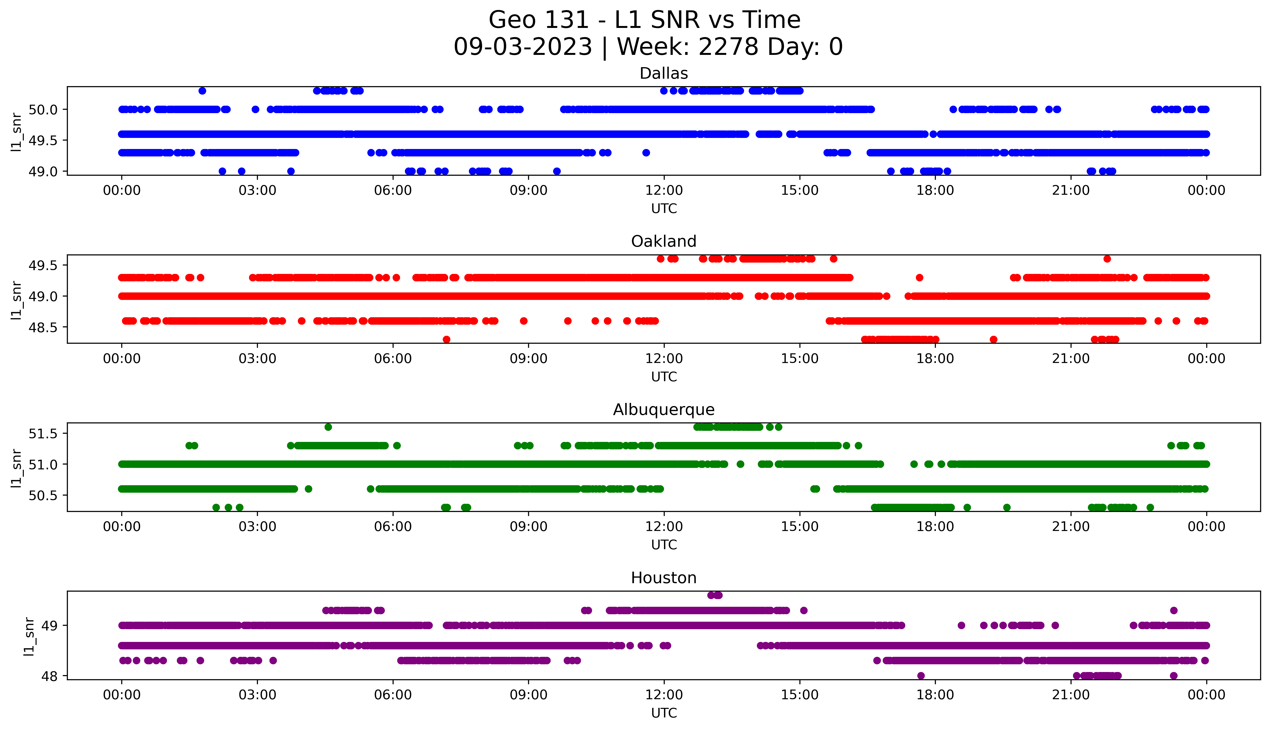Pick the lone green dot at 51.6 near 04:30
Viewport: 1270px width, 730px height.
[328, 427]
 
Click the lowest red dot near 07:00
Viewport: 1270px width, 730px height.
[446, 339]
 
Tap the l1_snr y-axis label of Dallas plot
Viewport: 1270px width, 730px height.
[17, 132]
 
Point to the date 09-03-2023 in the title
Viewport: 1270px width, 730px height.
[523, 47]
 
